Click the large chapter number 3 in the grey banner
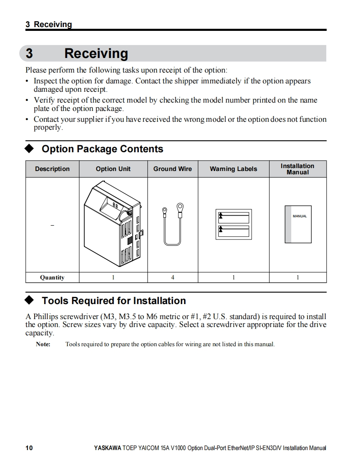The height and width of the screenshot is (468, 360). tap(29, 54)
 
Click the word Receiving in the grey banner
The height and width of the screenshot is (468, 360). tap(96, 54)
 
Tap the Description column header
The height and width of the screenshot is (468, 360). tap(52, 169)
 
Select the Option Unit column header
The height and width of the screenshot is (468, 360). tap(113, 169)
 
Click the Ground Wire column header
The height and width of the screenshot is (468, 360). tap(172, 169)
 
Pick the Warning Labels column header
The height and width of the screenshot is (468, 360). tap(233, 169)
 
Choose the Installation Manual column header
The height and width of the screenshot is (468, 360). tap(297, 169)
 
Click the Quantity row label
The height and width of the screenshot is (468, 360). tap(52, 277)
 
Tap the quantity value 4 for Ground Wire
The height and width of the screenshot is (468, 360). tap(172, 277)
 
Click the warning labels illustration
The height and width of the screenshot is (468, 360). tap(233, 224)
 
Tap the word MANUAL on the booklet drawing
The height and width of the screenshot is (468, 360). tap(300, 216)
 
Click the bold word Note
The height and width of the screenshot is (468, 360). tap(43, 345)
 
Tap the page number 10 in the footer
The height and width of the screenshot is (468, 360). tap(29, 448)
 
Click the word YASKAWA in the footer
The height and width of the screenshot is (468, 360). tap(107, 448)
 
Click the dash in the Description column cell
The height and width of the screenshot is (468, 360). tap(52, 226)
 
